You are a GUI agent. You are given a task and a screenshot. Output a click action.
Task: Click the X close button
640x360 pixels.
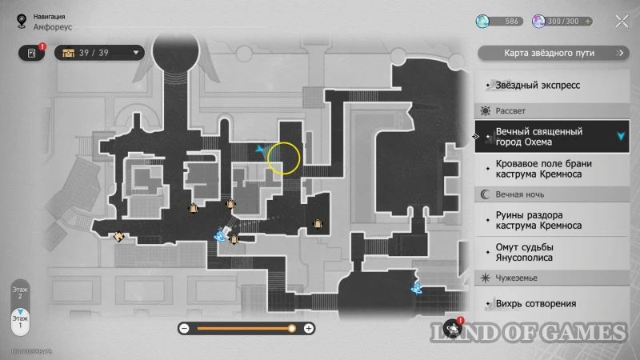coord(621,21)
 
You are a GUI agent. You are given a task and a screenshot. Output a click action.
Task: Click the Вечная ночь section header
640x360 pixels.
coord(520,194)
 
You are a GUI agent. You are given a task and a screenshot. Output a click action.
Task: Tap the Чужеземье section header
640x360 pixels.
coord(516,278)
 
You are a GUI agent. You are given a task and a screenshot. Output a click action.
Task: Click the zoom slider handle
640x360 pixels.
coord(292,328)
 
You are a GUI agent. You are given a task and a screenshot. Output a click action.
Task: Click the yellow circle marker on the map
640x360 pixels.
coord(283,158)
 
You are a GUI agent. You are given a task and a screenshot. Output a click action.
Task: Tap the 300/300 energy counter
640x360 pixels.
coord(565,21)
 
